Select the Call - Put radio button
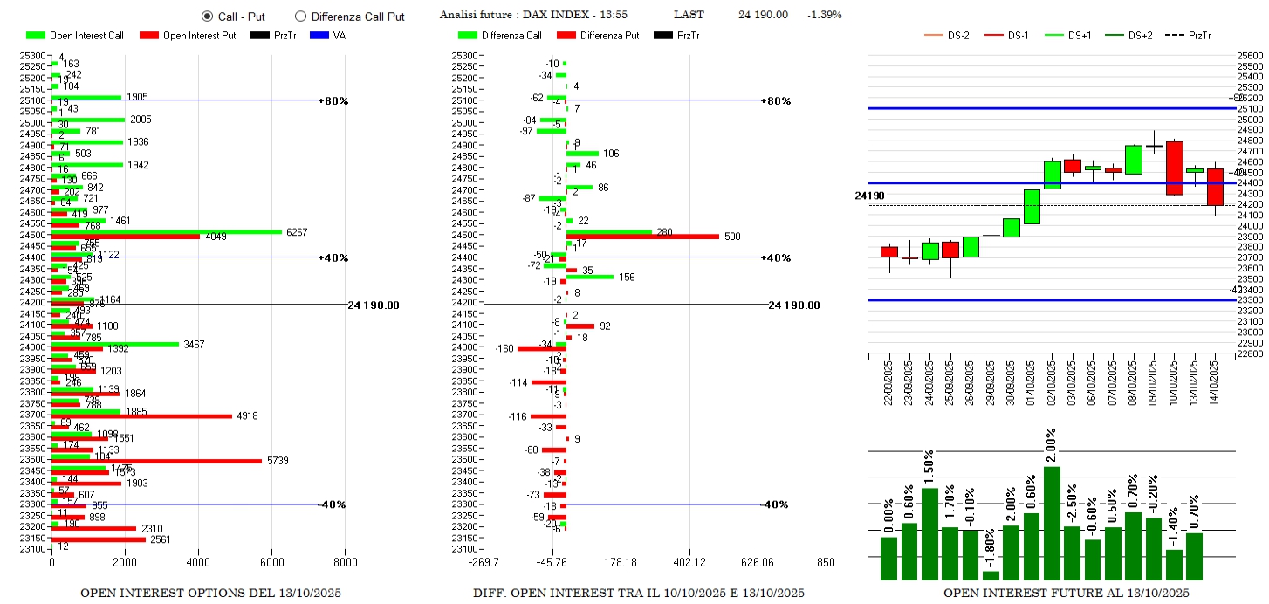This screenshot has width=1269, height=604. click(207, 16)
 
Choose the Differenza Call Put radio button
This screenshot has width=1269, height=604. click(301, 16)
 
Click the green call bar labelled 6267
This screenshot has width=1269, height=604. click(166, 231)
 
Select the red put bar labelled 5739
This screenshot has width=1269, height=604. click(157, 460)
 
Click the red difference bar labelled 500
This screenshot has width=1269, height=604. click(642, 237)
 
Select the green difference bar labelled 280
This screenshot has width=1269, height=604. click(608, 231)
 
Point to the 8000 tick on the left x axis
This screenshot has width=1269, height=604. click(345, 563)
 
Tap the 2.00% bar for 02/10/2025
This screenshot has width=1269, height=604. click(1052, 522)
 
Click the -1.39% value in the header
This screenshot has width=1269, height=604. click(825, 15)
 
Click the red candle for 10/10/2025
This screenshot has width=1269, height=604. click(1174, 168)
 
